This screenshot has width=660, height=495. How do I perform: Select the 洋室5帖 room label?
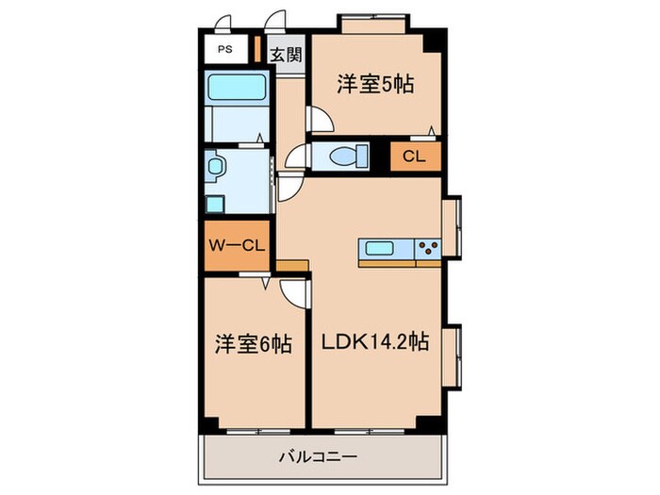point(376,84)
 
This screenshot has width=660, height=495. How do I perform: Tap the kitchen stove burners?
point(427,249)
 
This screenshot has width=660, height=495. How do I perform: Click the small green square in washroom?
point(214,202)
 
